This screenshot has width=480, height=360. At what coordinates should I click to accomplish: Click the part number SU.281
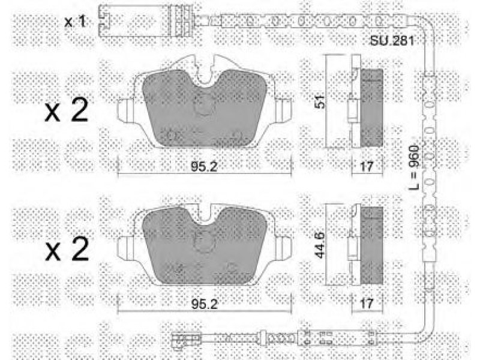392,41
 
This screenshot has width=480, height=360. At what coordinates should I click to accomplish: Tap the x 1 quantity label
74,22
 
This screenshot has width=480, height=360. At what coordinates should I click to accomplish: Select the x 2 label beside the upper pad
67,110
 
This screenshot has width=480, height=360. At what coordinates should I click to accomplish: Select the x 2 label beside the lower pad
67,249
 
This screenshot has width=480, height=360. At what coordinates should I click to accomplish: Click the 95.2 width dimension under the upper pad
204,167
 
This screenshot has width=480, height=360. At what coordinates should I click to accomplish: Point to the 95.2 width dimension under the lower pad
204,304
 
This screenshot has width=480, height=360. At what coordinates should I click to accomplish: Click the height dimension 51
320,101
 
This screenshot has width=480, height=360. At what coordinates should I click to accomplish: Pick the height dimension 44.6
320,245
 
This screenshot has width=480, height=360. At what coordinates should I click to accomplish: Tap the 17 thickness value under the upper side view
367,167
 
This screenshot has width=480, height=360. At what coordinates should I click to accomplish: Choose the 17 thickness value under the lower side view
367,304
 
